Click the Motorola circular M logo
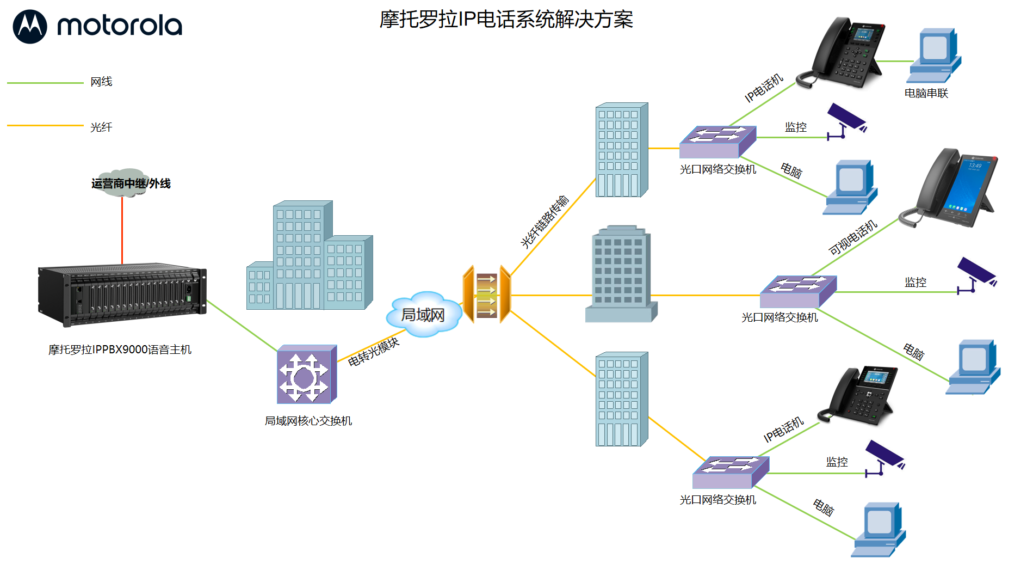(30, 26)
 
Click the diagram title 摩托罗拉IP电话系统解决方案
(506, 20)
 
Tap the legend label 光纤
(101, 127)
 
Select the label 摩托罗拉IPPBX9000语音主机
(120, 350)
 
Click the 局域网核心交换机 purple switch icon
(307, 375)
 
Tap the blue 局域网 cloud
(424, 315)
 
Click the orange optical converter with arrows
(486, 295)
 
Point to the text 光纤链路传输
(545, 222)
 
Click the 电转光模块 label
(373, 352)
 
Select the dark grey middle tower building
(621, 275)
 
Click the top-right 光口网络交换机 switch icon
(717, 142)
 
